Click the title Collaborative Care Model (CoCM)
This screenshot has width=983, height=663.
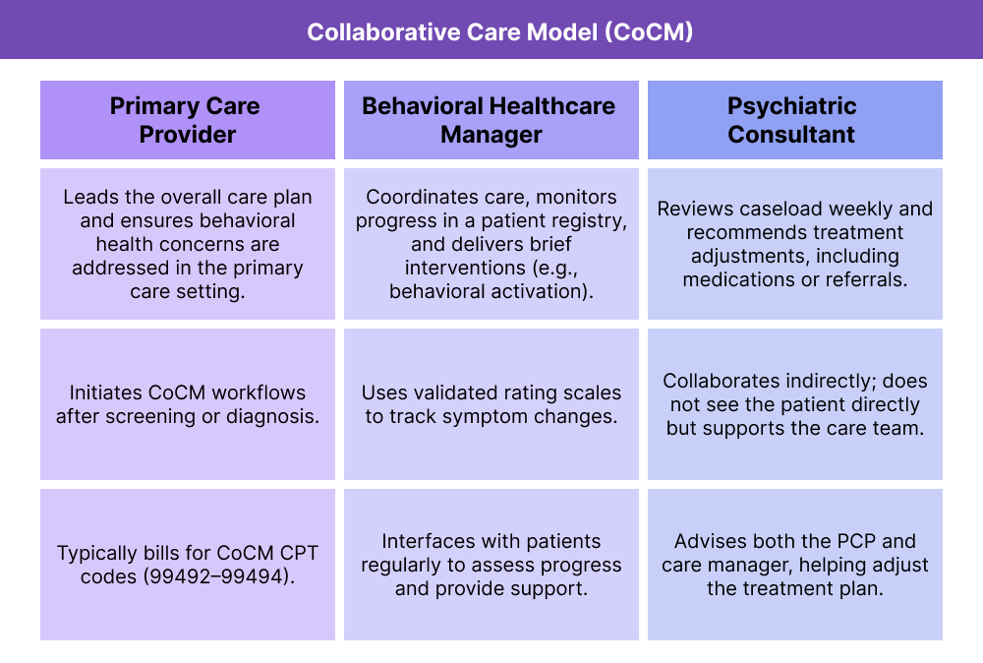pyautogui.click(x=491, y=31)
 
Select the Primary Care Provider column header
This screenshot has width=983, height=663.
pyautogui.click(x=187, y=120)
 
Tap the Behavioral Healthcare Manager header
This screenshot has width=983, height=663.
pyautogui.click(x=491, y=120)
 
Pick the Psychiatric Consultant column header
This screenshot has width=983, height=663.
pyautogui.click(x=794, y=120)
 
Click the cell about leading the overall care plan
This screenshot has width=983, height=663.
pyautogui.click(x=187, y=244)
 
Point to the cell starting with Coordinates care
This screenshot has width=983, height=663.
pyautogui.click(x=491, y=244)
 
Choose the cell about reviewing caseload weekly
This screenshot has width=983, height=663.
pyautogui.click(x=794, y=244)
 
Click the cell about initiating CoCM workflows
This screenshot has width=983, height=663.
pyautogui.click(x=187, y=403)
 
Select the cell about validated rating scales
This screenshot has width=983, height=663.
pyautogui.click(x=491, y=403)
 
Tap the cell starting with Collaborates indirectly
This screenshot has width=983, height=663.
pyautogui.click(x=794, y=403)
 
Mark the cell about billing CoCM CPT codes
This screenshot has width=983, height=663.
pyautogui.click(x=187, y=565)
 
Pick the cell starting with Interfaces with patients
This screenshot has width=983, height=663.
pyautogui.click(x=491, y=565)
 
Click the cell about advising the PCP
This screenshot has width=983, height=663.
pyautogui.click(x=794, y=565)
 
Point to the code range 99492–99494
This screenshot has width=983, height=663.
pyautogui.click(x=218, y=576)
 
